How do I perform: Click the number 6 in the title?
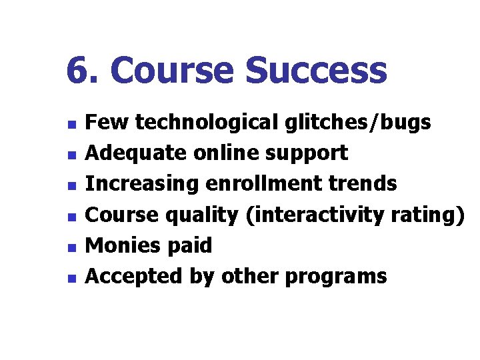78,71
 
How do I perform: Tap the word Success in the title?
316,71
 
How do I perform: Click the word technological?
205,123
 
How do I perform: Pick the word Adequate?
137,153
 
